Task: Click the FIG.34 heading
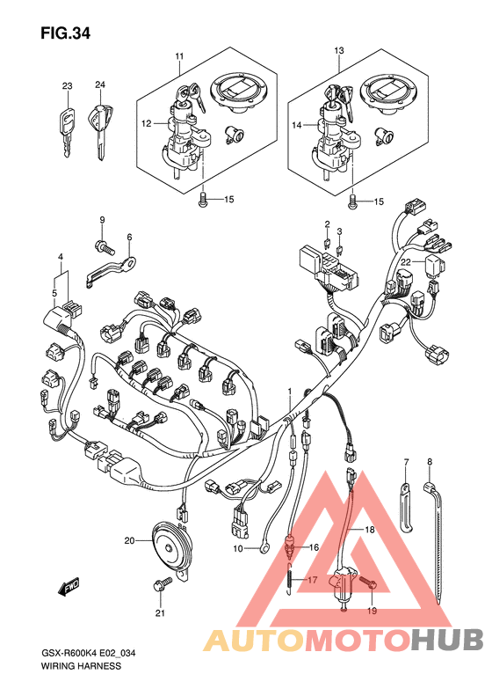65,33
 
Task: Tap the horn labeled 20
170,547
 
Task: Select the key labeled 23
66,130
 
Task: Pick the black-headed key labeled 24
100,129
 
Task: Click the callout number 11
179,56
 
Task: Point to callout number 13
338,51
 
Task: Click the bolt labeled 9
105,245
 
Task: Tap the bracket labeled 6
111,270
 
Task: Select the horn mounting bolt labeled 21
162,583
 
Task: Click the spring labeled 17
289,578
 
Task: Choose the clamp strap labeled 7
407,507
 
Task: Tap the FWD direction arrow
68,588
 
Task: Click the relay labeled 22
436,265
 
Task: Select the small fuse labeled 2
327,242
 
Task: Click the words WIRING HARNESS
81,666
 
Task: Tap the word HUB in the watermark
447,640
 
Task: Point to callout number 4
61,257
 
